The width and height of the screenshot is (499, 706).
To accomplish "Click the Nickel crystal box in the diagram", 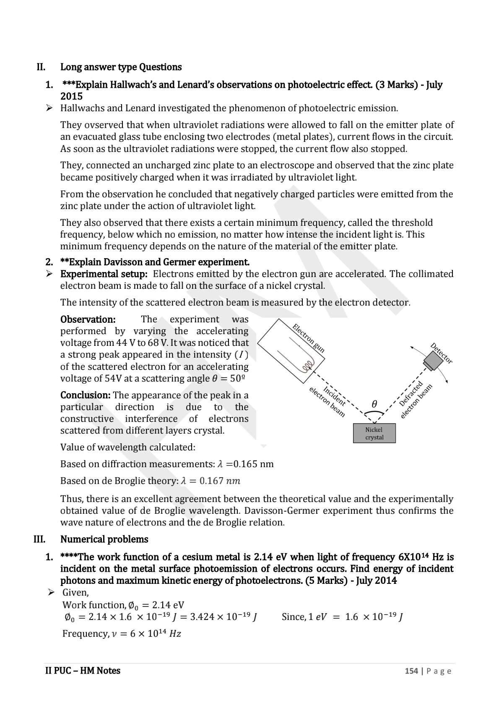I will (374, 433).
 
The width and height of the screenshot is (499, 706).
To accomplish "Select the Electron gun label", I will (309, 338).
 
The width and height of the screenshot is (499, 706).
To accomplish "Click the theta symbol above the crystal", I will (374, 404).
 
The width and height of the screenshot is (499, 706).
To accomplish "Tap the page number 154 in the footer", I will (411, 671).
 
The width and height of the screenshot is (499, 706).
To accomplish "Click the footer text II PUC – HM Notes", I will (83, 671).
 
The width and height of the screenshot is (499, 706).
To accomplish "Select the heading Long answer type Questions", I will (121, 67).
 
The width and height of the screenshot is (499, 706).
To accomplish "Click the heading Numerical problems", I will (104, 539).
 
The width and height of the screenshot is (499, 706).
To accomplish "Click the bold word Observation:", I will (88, 319).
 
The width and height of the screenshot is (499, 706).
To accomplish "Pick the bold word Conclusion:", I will (86, 395).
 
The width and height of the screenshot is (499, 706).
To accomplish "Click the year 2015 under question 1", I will (71, 96).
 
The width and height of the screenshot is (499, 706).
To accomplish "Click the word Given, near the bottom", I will (75, 593).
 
